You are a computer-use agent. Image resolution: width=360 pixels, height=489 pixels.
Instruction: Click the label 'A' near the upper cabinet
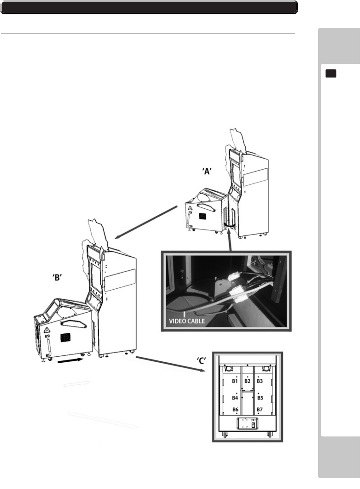tap(207, 171)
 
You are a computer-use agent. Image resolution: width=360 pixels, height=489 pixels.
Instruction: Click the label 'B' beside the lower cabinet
tap(56, 278)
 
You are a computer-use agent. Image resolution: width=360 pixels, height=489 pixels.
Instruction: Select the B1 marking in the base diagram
tap(235, 381)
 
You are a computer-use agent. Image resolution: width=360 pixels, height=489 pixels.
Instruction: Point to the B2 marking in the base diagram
tap(247, 381)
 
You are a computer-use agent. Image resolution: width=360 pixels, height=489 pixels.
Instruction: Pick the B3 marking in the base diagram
tap(260, 381)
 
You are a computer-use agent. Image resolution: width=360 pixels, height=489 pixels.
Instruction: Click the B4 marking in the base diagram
tap(235, 398)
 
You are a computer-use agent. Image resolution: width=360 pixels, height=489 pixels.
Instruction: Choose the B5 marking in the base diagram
tap(260, 398)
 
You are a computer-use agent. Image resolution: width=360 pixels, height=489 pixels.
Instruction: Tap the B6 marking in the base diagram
tap(235, 409)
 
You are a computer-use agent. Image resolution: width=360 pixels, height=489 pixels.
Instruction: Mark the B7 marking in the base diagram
tap(260, 409)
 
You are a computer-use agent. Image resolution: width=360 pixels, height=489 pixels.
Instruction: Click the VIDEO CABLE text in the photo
tap(187, 321)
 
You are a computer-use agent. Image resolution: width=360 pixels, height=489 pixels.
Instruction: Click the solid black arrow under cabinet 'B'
tap(72, 361)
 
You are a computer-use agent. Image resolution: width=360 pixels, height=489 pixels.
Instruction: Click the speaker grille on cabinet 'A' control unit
tap(202, 216)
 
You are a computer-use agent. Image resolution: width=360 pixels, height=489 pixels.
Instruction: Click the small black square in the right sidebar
tap(331, 74)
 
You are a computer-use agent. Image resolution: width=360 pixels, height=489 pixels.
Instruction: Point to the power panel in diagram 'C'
tap(247, 423)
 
